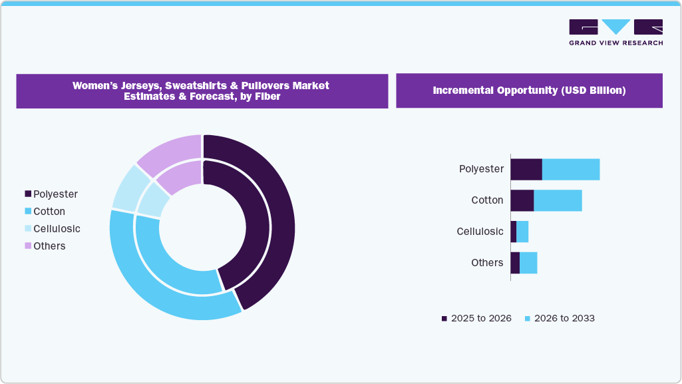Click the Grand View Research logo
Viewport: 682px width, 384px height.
tap(615, 32)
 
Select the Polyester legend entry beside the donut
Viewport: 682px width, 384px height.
tap(51, 194)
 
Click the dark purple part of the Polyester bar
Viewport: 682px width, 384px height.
tap(526, 169)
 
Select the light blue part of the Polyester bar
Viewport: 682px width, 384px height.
tap(571, 169)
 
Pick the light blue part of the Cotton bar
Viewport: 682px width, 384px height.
tap(558, 200)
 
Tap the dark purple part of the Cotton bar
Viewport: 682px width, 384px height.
tap(522, 200)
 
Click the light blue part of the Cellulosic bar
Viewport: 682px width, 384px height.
tap(522, 232)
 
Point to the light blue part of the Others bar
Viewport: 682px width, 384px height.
tap(528, 263)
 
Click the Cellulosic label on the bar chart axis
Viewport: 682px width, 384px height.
tap(480, 232)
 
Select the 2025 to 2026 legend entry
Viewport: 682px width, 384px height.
tap(476, 319)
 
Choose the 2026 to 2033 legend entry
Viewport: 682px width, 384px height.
tap(560, 319)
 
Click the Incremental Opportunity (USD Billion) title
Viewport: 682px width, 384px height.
tap(529, 91)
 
